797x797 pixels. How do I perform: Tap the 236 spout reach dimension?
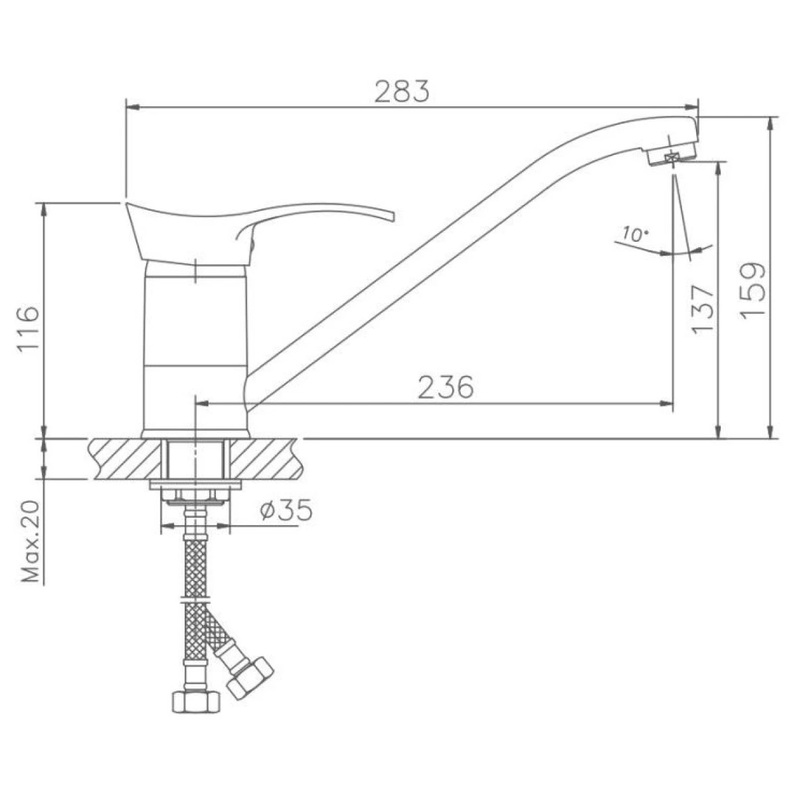tap(446, 387)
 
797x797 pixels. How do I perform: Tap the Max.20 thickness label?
tap(31, 542)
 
